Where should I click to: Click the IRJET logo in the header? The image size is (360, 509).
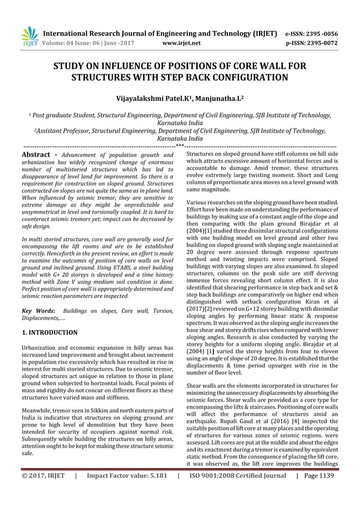pos(29,37)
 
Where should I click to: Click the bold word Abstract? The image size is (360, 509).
pos(37,154)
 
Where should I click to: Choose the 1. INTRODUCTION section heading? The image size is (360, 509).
pos(49,332)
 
